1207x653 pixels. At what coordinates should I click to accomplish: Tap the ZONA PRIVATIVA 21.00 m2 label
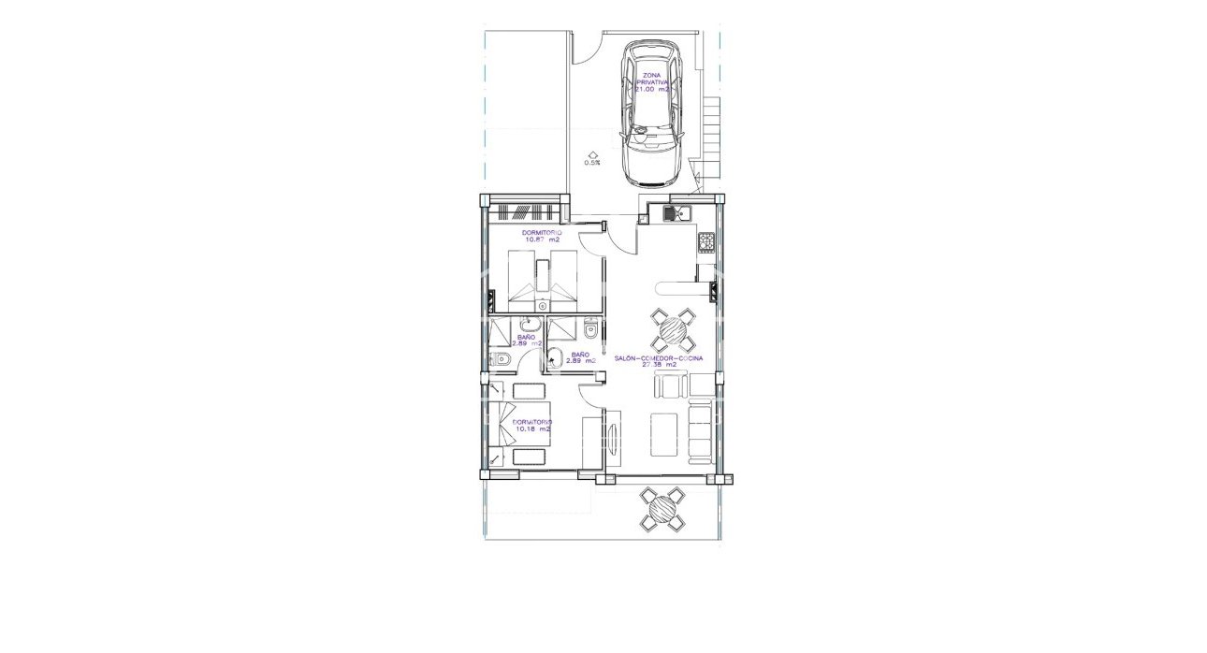652,83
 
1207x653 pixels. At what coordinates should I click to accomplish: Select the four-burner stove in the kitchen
706,242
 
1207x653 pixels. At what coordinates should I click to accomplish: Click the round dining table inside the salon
672,329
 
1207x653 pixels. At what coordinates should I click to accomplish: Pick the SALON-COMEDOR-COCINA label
659,360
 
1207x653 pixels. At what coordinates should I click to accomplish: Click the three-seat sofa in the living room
700,429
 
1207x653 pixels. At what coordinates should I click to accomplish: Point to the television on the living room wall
613,439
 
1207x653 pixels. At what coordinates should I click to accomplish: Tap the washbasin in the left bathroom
529,325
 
